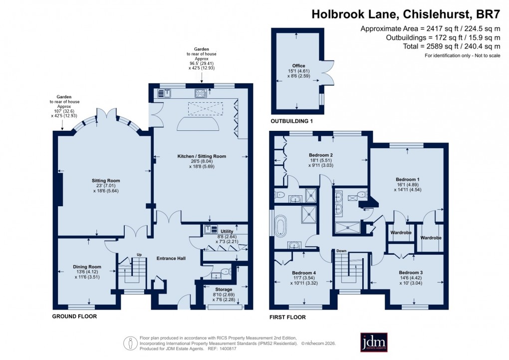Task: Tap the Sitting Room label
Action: [x=105, y=180]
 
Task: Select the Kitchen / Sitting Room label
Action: [x=202, y=156]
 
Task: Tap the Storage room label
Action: [x=224, y=290]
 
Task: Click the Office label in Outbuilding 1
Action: [x=298, y=65]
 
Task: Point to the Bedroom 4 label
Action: [x=304, y=273]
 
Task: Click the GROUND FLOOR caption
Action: [x=74, y=317]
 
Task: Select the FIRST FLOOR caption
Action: [x=287, y=317]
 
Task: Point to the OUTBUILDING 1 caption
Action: [x=291, y=121]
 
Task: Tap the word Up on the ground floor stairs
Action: [x=139, y=254]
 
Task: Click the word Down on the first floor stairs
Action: [x=341, y=251]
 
